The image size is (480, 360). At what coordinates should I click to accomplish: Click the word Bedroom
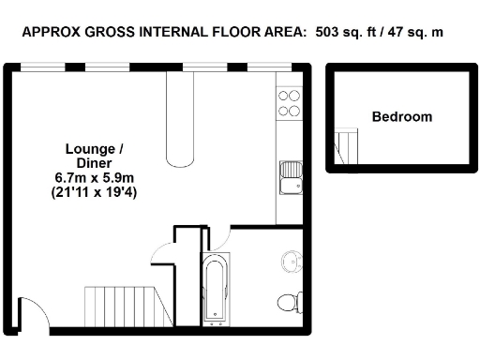[x=401, y=117]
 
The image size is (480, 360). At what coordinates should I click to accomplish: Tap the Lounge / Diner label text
[x=94, y=156]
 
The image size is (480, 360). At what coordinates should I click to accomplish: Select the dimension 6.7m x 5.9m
[x=94, y=177]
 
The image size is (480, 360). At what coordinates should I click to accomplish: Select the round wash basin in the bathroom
[x=292, y=262]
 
